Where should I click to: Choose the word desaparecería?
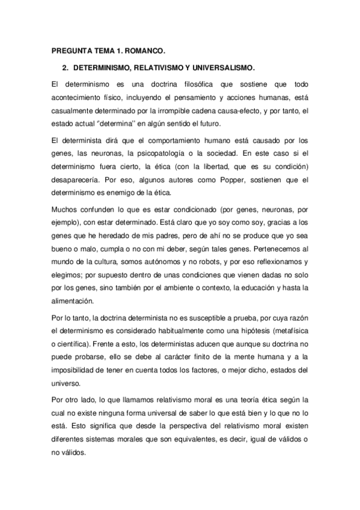point(76,179)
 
